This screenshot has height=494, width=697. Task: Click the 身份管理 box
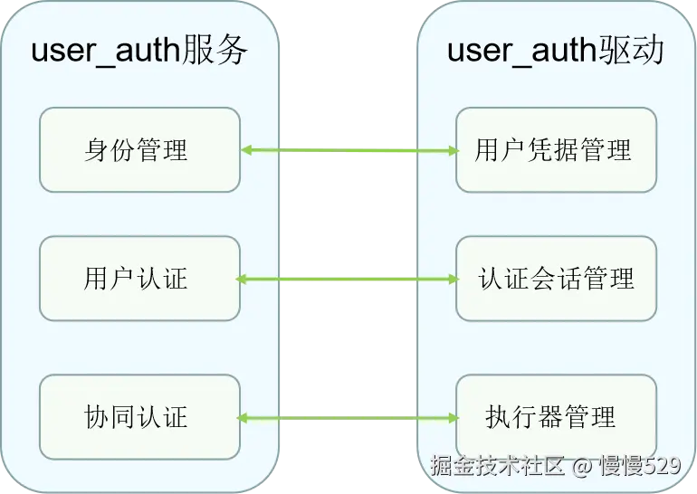139,150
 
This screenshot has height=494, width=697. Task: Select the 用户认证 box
139,279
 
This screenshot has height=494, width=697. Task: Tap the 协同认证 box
139,417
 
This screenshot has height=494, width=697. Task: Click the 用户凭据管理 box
555,150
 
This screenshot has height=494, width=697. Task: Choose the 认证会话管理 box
555,279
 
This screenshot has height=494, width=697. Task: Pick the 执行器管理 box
555,417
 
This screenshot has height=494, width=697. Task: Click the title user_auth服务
139,51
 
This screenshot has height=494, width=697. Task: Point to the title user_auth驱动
555,51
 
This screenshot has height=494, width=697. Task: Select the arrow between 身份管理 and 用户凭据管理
348,150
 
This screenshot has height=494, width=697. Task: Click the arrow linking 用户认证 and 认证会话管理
348,280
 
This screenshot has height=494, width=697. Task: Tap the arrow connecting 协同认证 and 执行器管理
348,418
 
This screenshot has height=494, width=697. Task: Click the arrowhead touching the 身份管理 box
247,150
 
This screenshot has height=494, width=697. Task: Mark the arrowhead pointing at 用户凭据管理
452,150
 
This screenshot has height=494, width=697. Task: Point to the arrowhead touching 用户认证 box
243,280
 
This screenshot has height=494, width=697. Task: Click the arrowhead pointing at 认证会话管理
452,280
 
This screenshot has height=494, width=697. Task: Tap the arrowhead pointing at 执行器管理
452,418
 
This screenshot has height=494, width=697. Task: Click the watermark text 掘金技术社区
497,467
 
